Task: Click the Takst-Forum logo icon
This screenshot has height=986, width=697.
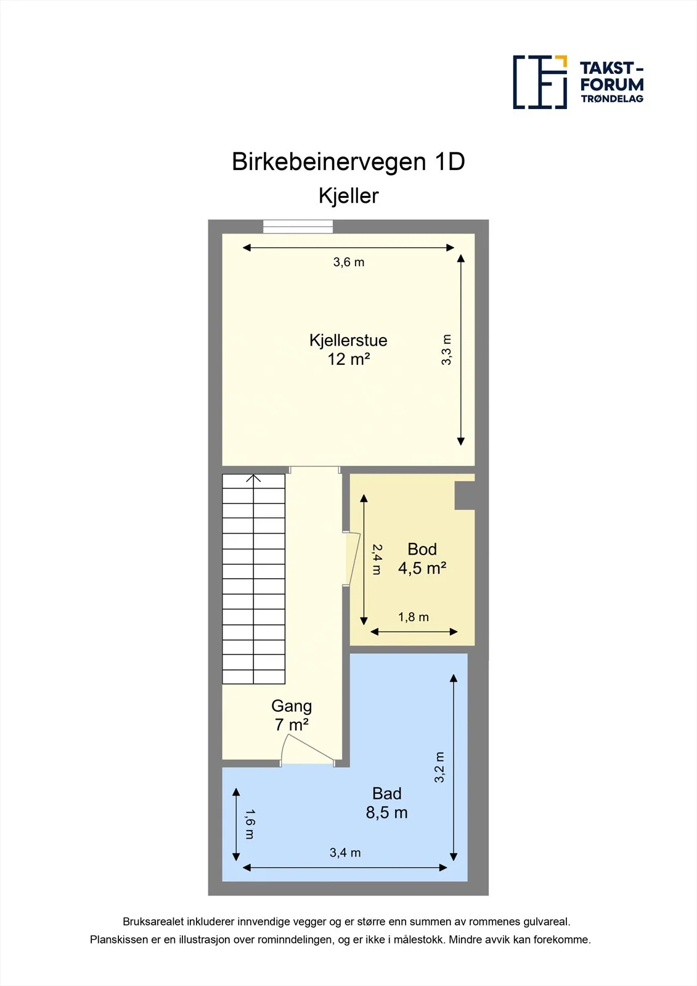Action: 540,83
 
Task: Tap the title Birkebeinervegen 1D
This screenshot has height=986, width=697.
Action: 348,161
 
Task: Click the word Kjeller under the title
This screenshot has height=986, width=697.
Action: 348,196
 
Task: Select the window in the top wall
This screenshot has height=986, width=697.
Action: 298,226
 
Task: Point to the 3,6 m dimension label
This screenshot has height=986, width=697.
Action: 349,263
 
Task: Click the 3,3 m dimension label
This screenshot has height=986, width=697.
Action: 446,350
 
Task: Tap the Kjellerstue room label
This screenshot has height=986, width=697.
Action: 348,340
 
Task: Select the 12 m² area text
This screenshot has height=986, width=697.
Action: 348,359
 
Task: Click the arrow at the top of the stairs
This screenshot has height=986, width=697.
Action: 253,478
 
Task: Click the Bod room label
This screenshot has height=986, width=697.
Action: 422,549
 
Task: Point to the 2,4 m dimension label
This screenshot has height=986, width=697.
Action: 377,560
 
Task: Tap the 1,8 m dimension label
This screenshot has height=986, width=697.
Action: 414,617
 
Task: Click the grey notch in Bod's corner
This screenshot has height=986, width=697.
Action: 465,495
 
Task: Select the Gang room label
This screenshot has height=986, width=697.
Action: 291,706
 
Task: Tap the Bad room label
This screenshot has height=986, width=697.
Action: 387,793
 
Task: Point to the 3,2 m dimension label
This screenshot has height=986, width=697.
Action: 439,767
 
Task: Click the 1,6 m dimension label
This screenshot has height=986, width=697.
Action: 249,824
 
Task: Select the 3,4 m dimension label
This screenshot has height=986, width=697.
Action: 345,853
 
